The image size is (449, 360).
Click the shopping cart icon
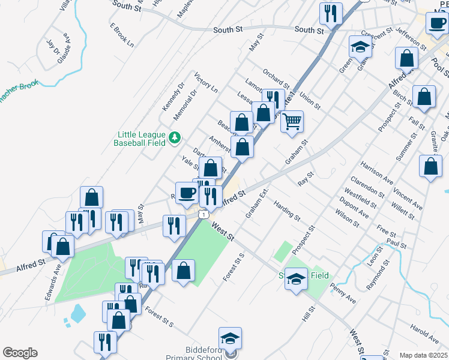tap(292, 121)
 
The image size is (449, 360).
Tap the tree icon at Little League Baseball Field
tap(175, 138)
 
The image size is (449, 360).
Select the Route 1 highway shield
tap(205, 214)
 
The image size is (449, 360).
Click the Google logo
tap(20, 353)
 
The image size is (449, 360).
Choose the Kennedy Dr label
tap(172, 97)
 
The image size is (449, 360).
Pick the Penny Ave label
tap(343, 295)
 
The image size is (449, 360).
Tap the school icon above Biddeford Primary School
tap(230, 339)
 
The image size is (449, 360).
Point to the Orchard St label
tap(276, 80)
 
